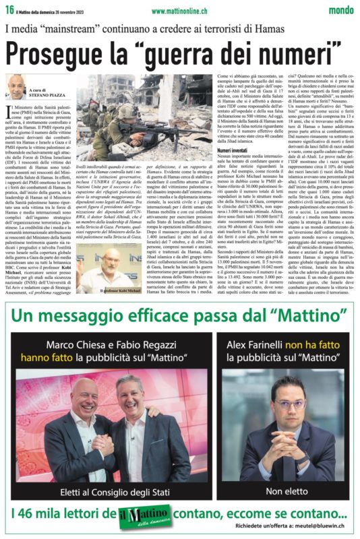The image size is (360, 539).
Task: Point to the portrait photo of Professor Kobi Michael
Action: click(99, 266)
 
